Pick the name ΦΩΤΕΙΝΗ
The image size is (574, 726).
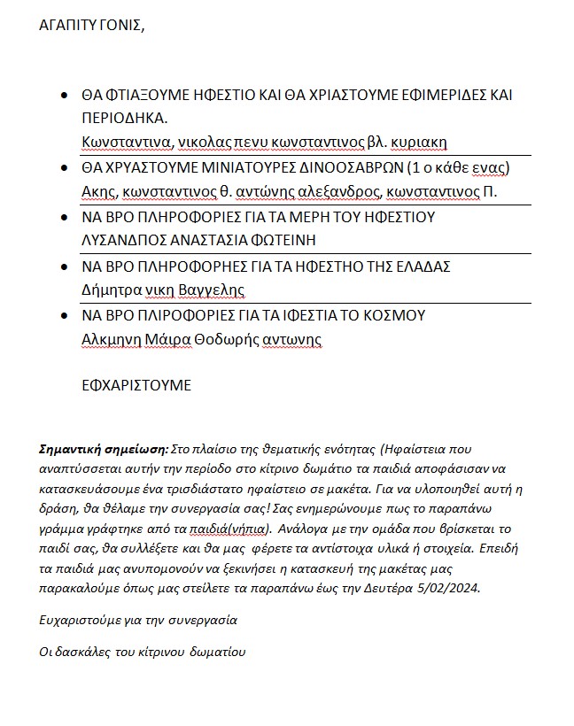tap(284, 240)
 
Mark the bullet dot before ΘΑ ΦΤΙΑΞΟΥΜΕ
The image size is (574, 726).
tap(62, 95)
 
